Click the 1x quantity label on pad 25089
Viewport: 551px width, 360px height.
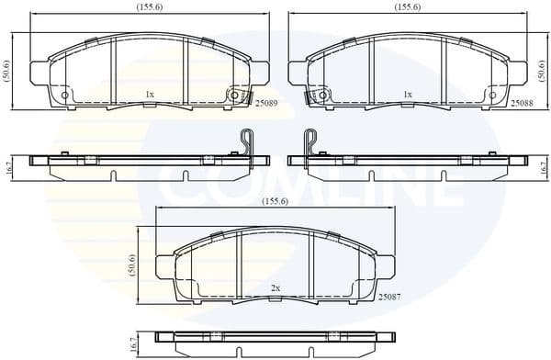coord(150,95)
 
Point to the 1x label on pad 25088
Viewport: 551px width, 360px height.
coord(408,95)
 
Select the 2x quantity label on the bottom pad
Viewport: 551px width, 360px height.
coord(275,287)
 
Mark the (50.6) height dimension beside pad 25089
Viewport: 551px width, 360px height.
coord(7,71)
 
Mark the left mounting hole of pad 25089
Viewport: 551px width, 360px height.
coord(65,95)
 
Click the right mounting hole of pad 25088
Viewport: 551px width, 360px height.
coord(491,95)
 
